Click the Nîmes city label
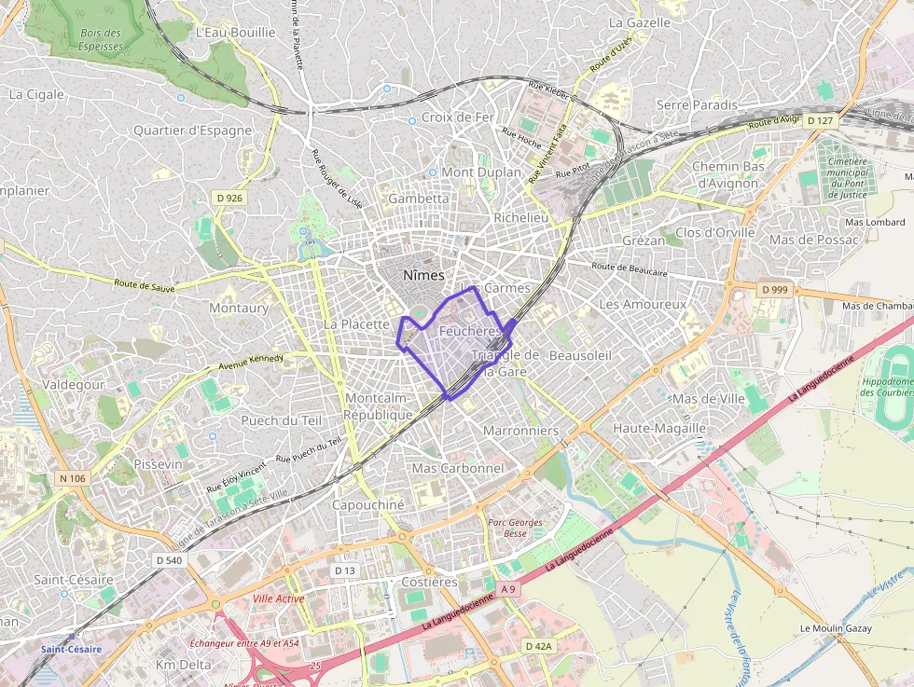(x=423, y=275)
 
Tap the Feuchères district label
(x=470, y=331)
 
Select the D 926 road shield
(x=228, y=198)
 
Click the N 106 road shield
(x=72, y=478)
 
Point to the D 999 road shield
(x=774, y=290)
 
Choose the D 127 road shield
(x=821, y=121)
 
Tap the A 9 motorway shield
(x=507, y=589)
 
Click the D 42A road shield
(x=538, y=646)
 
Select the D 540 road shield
(x=169, y=560)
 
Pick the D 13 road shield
(x=344, y=570)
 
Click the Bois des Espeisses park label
(x=101, y=39)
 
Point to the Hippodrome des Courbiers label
(x=886, y=387)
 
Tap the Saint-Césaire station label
(x=71, y=648)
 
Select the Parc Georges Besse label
(x=515, y=528)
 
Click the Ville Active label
(x=278, y=598)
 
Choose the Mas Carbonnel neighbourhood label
(x=457, y=468)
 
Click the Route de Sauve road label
(x=145, y=284)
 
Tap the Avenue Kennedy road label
(x=251, y=363)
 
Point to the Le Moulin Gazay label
(x=836, y=628)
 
